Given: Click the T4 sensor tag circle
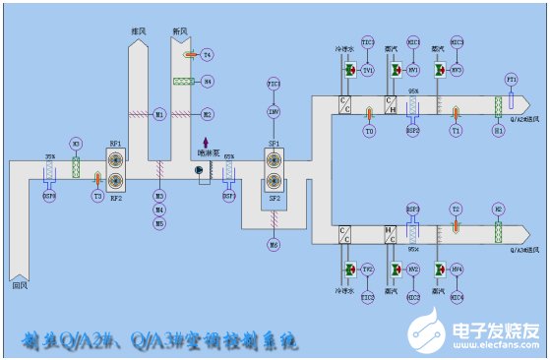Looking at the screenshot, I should pyautogui.click(x=208, y=54).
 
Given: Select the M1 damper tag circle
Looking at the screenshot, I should pyautogui.click(x=159, y=114).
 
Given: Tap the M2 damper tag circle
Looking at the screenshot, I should pyautogui.click(x=208, y=114).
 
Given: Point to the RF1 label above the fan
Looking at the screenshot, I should pyautogui.click(x=115, y=145).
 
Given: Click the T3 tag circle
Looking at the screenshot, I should pyautogui.click(x=97, y=197).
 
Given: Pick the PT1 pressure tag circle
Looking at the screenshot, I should pyautogui.click(x=511, y=78).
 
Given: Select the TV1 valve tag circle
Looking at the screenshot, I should pyautogui.click(x=368, y=71).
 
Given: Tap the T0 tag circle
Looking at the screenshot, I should pyautogui.click(x=369, y=130).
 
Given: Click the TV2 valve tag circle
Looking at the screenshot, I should pyautogui.click(x=368, y=269).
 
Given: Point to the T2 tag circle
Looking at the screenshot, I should pyautogui.click(x=456, y=210).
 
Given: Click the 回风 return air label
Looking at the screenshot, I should pyautogui.click(x=19, y=286).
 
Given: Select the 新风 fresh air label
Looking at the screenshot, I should pyautogui.click(x=180, y=30).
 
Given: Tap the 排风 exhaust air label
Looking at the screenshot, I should pyautogui.click(x=139, y=30).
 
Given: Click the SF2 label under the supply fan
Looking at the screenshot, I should pyautogui.click(x=275, y=199).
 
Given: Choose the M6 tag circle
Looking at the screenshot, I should pyautogui.click(x=275, y=243).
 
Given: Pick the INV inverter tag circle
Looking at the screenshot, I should pyautogui.click(x=275, y=112).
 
